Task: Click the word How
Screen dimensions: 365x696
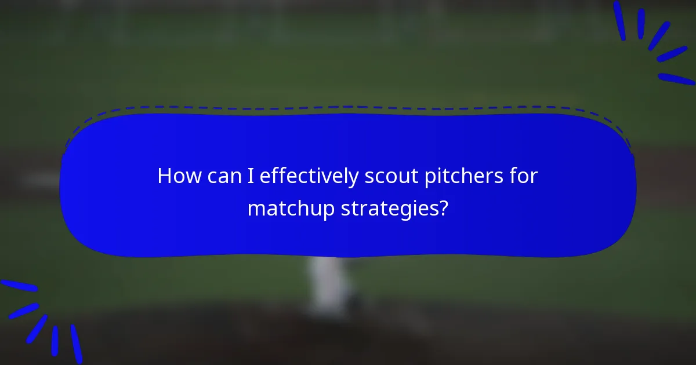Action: point(176,176)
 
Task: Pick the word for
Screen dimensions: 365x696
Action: point(525,176)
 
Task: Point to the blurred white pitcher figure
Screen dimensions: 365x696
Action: point(327,284)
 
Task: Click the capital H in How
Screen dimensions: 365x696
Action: point(164,176)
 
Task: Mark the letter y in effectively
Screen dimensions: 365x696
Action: point(354,180)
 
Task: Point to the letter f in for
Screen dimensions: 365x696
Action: point(514,176)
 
